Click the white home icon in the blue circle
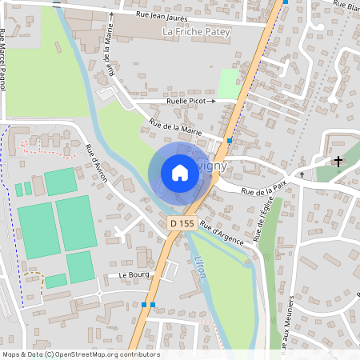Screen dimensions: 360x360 (x=180, y=173)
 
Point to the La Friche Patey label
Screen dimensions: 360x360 (x=196, y=31)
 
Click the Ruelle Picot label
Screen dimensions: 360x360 (x=191, y=102)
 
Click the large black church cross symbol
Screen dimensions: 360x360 (x=338, y=162)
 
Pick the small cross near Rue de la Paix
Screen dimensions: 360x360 (x=302, y=174)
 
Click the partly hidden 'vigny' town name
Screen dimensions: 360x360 (x=216, y=166)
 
